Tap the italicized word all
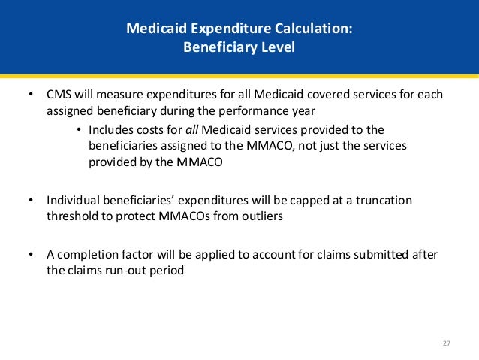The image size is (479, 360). (x=192, y=129)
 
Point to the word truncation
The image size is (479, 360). (x=384, y=201)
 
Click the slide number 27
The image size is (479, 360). (x=446, y=343)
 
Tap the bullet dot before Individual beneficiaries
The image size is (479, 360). (x=29, y=201)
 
